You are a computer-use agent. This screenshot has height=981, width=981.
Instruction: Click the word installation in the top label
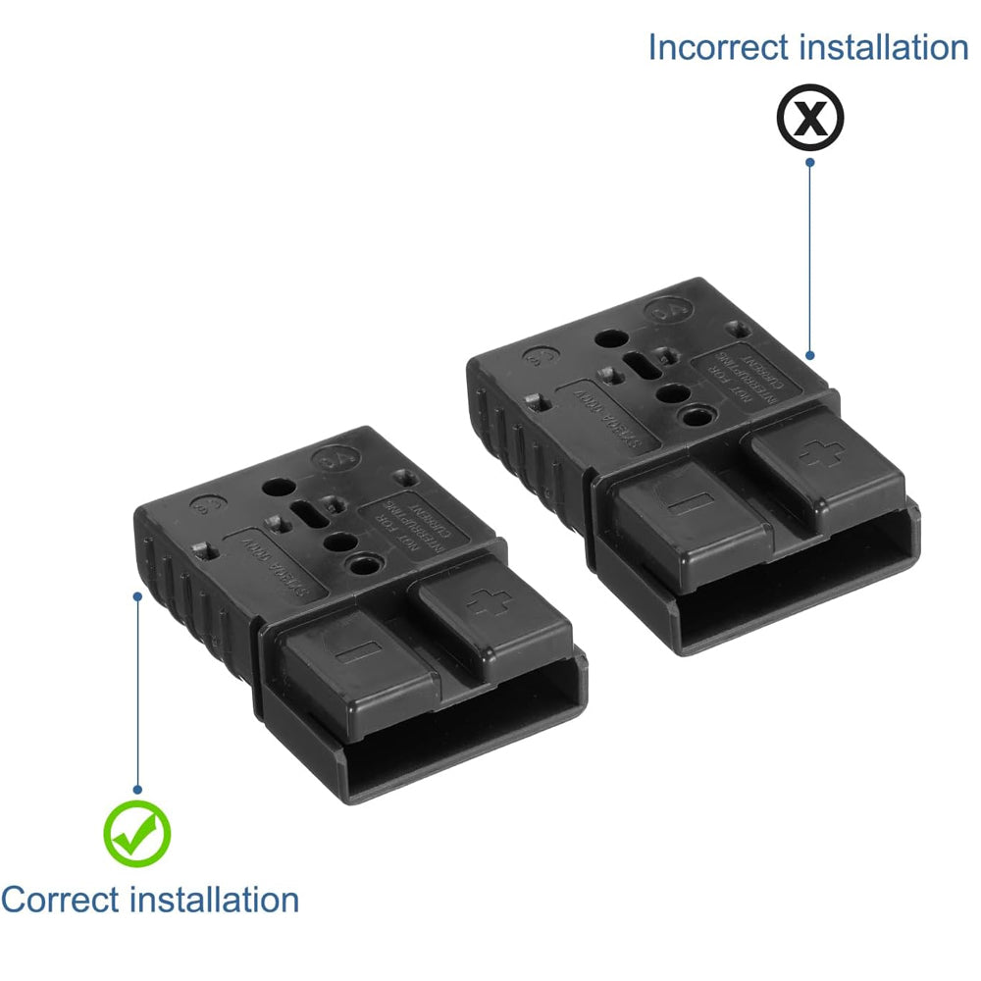point(888,47)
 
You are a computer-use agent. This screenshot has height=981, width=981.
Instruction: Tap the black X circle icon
point(809,117)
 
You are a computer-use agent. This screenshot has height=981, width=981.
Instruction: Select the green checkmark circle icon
point(137,833)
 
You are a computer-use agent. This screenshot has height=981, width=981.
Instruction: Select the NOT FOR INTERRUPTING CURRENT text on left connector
point(411,519)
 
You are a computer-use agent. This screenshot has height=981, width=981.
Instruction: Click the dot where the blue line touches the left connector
point(137,594)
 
